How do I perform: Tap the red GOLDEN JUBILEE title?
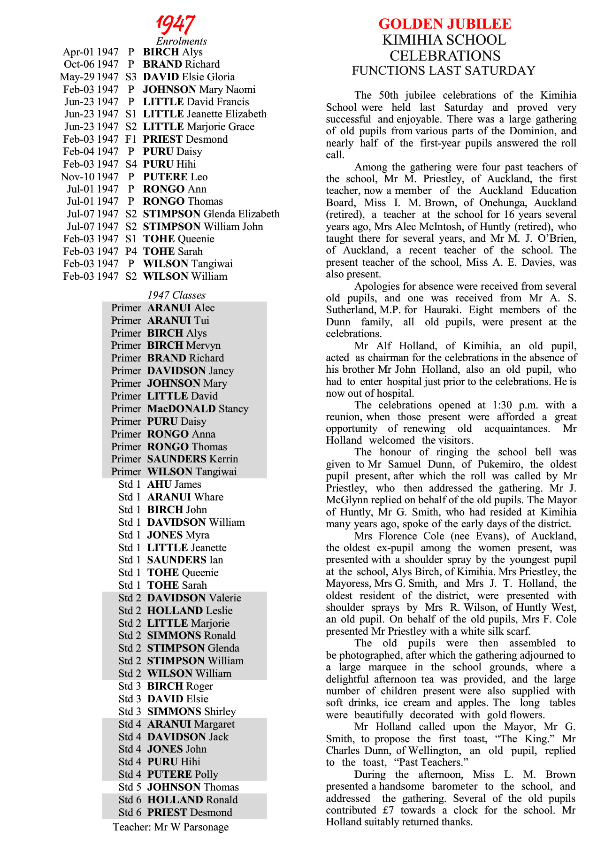(444, 24)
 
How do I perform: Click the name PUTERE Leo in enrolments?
(175, 177)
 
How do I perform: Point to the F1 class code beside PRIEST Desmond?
(131, 139)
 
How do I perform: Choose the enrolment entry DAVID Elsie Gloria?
(189, 77)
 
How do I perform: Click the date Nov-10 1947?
(90, 177)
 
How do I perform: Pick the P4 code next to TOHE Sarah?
(131, 252)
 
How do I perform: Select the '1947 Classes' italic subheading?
(176, 295)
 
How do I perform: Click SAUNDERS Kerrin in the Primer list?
(192, 459)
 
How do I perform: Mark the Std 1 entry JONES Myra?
(178, 535)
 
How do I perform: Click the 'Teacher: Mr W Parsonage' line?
(171, 827)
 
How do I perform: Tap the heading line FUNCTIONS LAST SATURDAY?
(444, 71)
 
